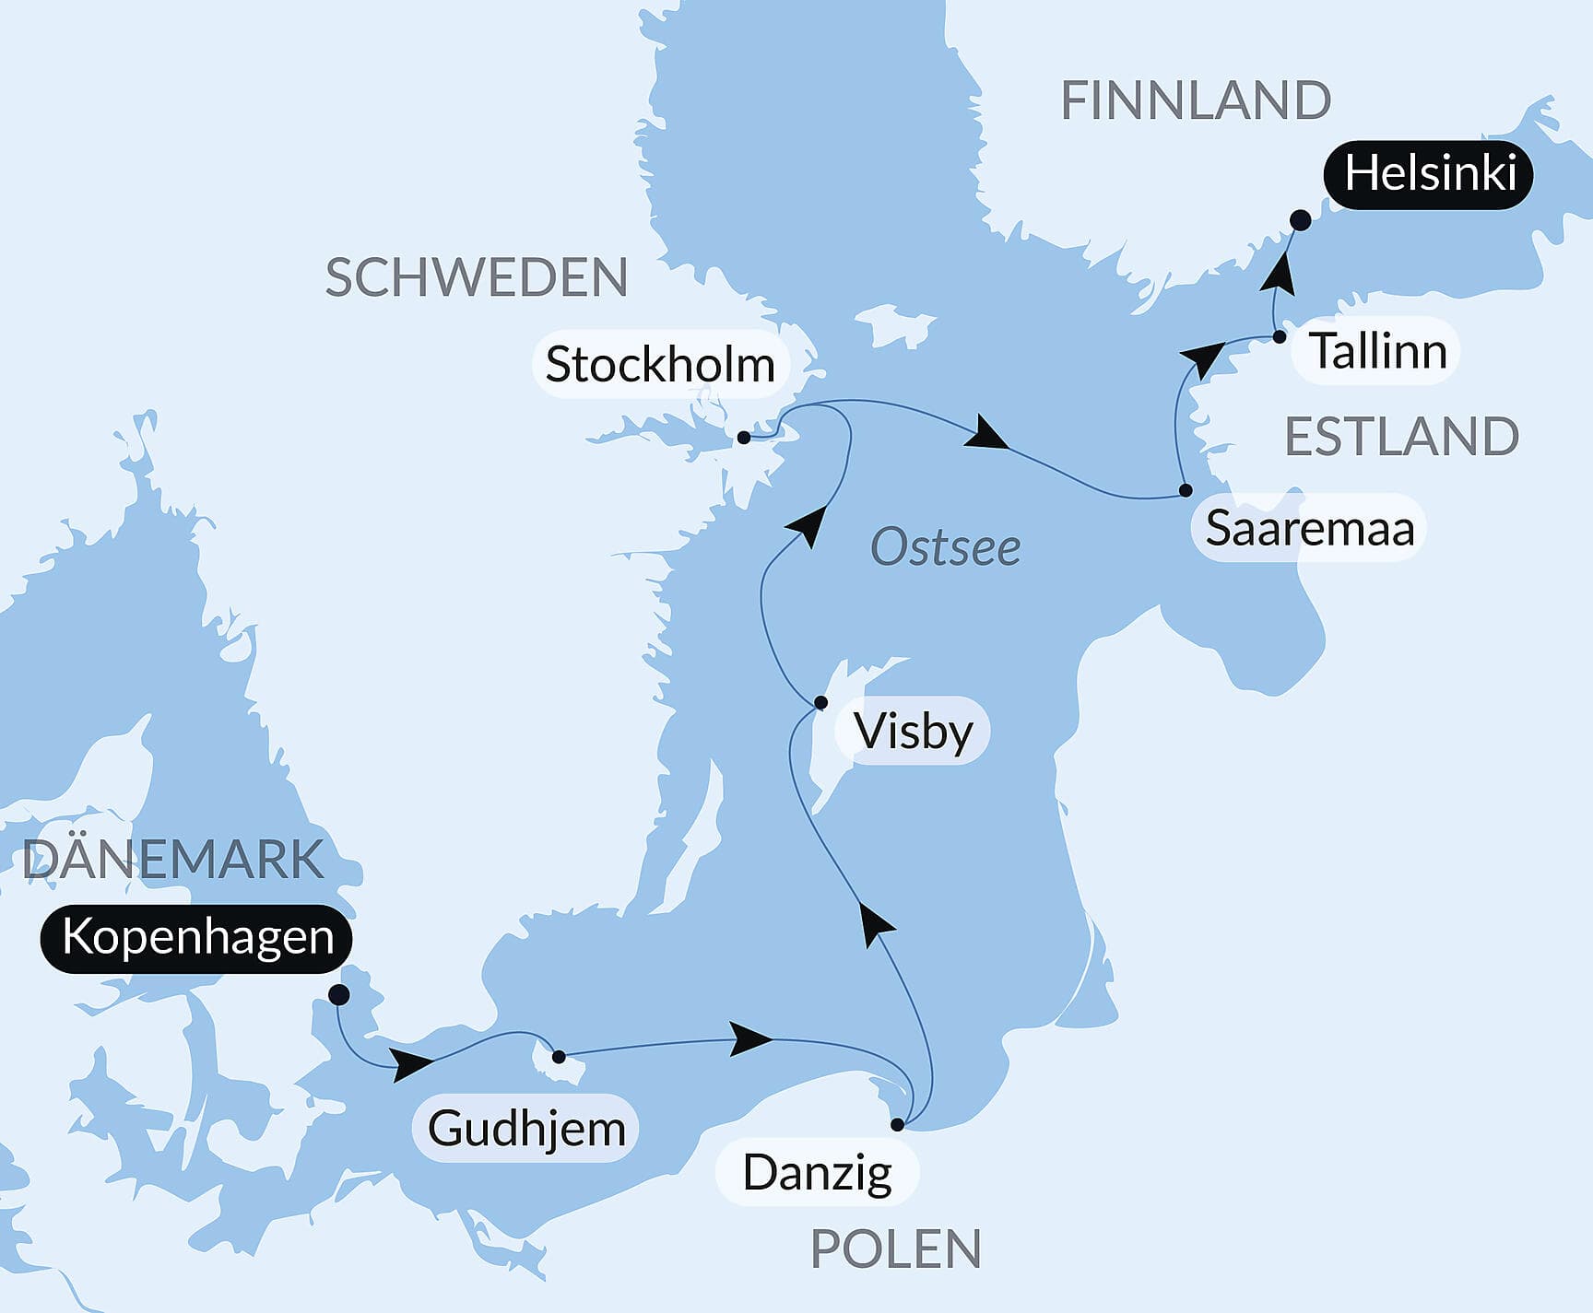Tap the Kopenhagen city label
pos(196,938)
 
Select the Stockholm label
pos(659,365)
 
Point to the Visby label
pos(912,732)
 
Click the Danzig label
pos(817,1173)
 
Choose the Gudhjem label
pos(526,1129)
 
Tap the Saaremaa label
pos(1309,529)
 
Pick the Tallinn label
pos(1377,351)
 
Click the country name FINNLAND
pos(1196,100)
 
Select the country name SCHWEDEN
pos(477,277)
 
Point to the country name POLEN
pos(895,1249)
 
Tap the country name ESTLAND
pos(1401,437)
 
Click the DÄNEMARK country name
pos(172,859)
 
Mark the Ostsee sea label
pos(945,548)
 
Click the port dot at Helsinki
pos(1300,220)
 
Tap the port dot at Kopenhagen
pos(338,994)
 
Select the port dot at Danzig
pos(897,1124)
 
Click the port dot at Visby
pos(820,703)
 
